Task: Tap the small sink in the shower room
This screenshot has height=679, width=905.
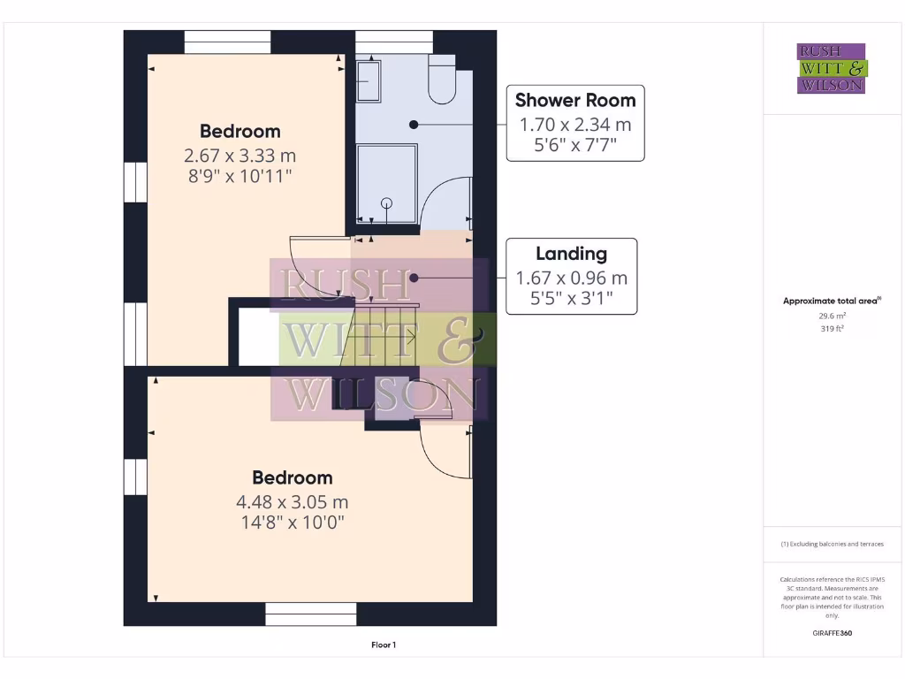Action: (x=368, y=81)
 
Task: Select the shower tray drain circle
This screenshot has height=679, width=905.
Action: (x=385, y=203)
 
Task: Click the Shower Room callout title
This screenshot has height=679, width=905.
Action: (x=574, y=100)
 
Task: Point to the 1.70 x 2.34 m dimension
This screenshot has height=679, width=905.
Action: (x=574, y=125)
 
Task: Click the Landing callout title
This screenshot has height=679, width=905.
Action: (x=571, y=254)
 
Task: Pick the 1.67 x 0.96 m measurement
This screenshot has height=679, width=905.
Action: (x=571, y=278)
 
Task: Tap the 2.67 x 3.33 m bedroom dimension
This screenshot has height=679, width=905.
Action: (x=240, y=156)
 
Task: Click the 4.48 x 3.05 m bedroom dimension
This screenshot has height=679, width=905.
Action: (x=292, y=501)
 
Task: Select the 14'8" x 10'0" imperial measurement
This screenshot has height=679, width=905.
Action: (x=292, y=523)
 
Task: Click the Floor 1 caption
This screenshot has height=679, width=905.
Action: (x=383, y=645)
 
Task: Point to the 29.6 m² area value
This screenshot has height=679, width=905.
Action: (x=833, y=315)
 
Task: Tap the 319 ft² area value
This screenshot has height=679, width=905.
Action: (x=833, y=328)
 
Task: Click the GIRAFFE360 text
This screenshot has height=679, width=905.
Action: (x=833, y=633)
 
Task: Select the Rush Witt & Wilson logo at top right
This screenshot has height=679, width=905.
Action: (x=832, y=68)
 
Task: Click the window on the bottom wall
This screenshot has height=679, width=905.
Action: (x=311, y=614)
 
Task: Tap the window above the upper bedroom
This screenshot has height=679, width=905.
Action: (x=227, y=42)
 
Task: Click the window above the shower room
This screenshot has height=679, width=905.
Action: (x=394, y=42)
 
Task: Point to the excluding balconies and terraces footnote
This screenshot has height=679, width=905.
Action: (x=832, y=544)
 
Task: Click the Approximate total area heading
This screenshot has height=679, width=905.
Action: (x=831, y=301)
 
